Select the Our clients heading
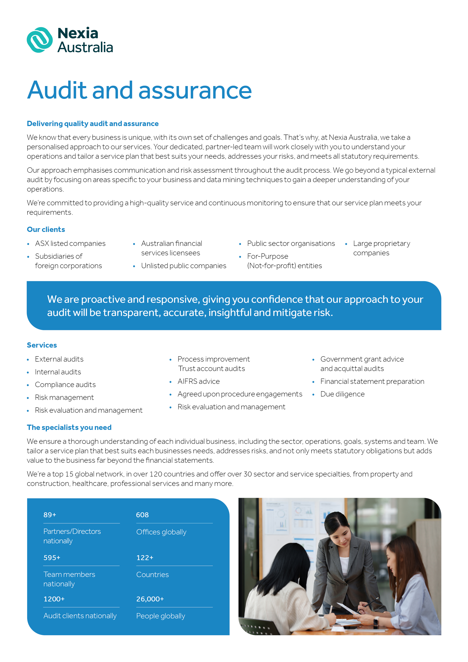point(46,229)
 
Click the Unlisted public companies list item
point(183,266)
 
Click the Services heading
point(42,345)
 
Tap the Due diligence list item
point(342,394)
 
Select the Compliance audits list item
point(65,385)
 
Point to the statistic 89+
point(50,515)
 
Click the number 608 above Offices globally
point(142,515)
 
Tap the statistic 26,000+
point(150,599)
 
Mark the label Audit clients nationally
point(80,616)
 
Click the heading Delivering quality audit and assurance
point(92,124)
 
